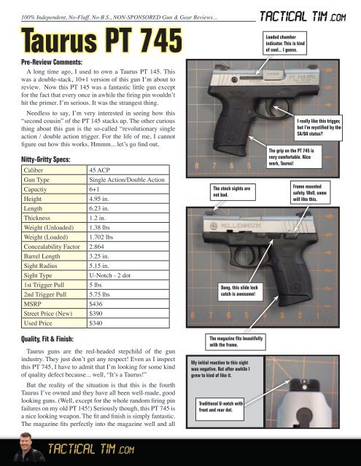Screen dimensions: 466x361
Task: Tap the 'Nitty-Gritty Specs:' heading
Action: [x=48, y=157]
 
